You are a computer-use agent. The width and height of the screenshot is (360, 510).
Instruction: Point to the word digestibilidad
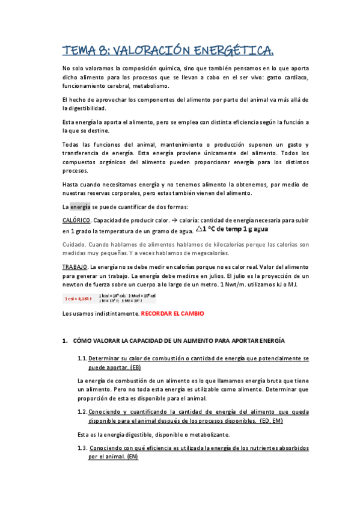[84, 109]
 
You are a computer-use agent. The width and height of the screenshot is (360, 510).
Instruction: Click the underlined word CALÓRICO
[76, 220]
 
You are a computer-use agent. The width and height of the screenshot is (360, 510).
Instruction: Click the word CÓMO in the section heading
[82, 341]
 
